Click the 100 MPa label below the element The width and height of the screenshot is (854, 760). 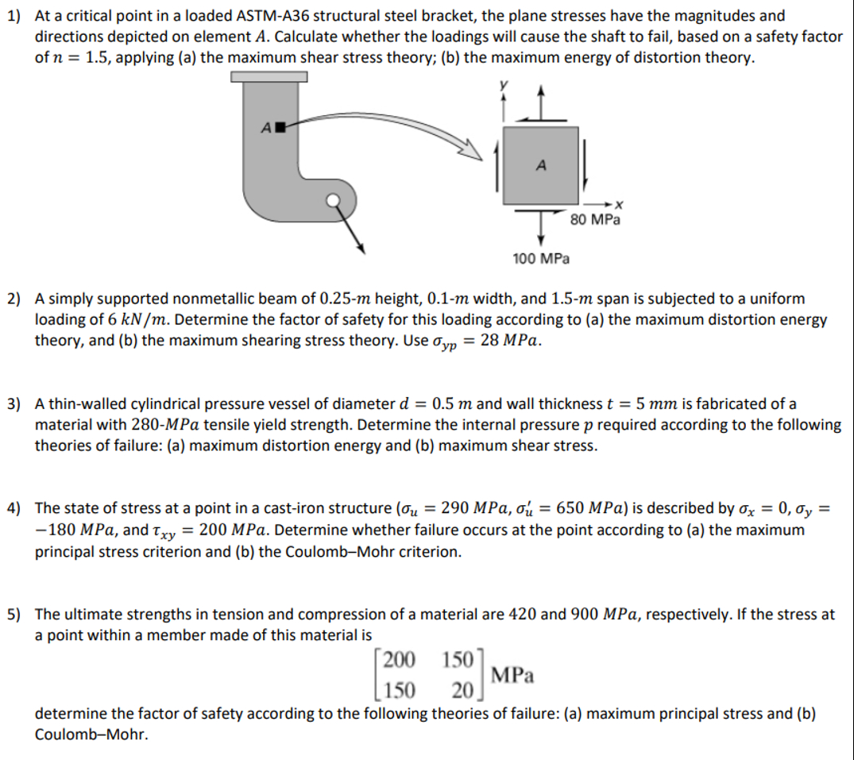click(541, 259)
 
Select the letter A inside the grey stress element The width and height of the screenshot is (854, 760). click(541, 165)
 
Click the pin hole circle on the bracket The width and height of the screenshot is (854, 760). click(338, 199)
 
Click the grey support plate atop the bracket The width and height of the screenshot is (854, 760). click(269, 76)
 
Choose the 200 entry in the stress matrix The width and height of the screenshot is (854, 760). click(398, 658)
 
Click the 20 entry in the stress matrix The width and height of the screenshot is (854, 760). click(463, 689)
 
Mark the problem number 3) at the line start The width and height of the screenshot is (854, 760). click(15, 404)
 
